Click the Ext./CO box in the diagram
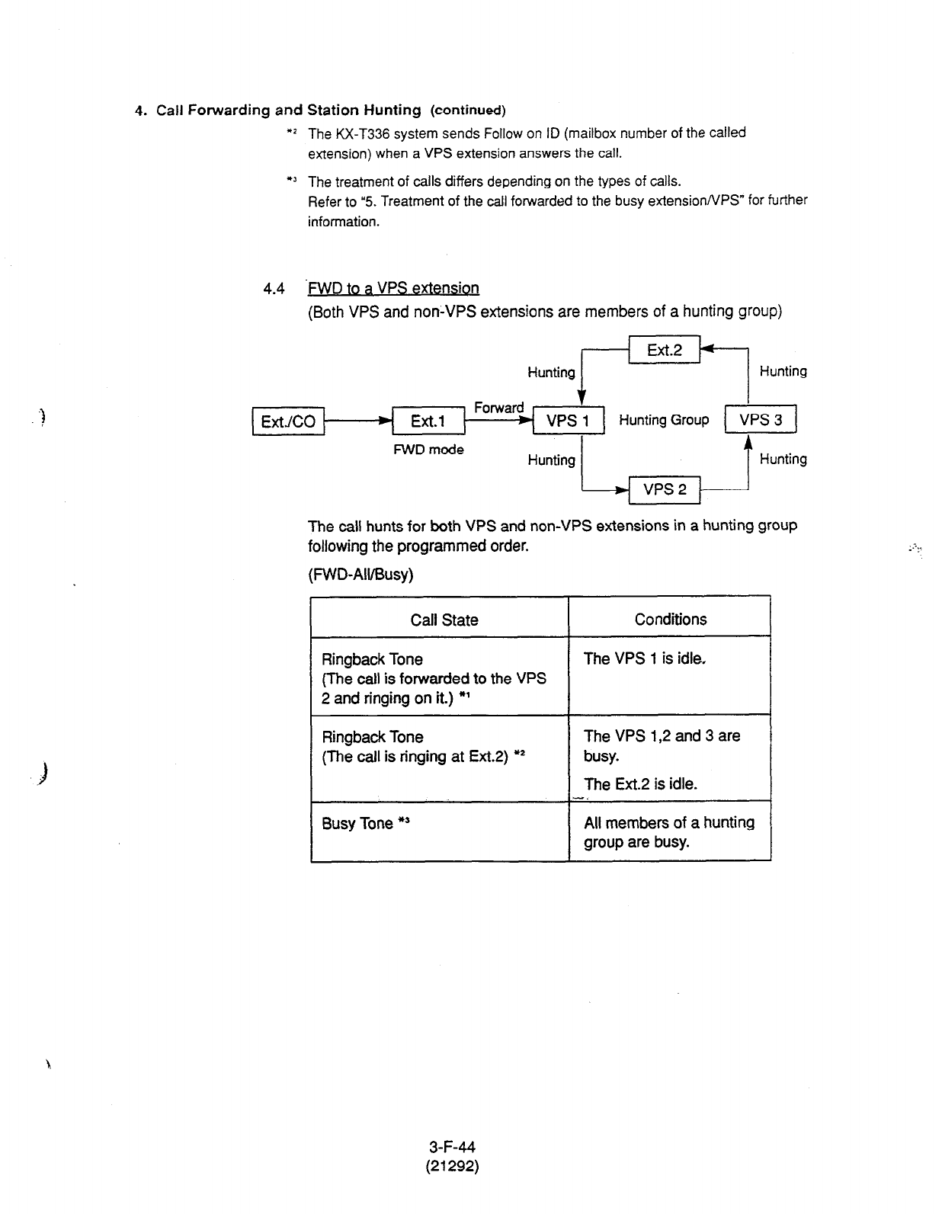[288, 421]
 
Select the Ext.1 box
[428, 421]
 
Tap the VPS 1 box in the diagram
[568, 420]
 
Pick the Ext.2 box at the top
[664, 350]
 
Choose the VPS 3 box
[761, 419]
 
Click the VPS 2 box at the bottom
[665, 489]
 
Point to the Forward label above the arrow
[498, 408]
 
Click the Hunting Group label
[664, 420]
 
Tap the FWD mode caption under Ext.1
[428, 450]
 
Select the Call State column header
[444, 620]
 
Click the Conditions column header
[671, 619]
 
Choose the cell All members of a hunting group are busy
[669, 832]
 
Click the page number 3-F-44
[452, 1146]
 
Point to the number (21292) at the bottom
[452, 1165]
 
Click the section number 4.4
[274, 288]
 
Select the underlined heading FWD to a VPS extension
[393, 288]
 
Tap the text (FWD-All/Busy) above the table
[360, 574]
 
